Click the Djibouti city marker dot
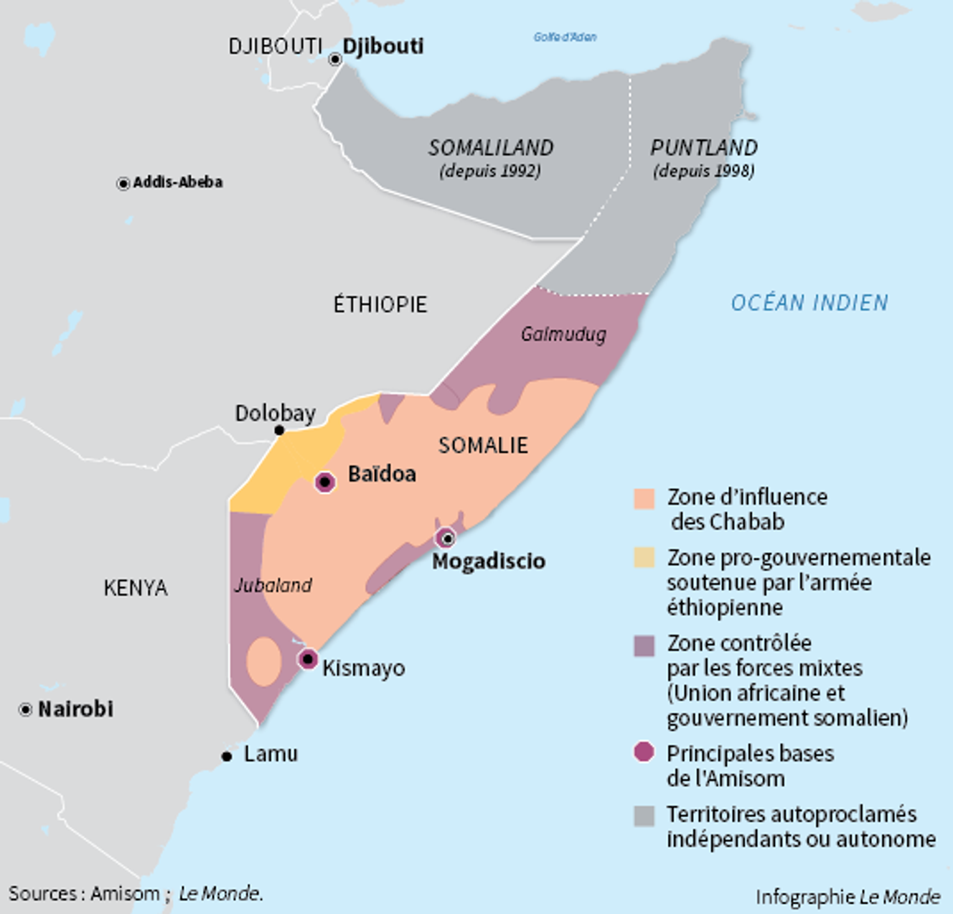click(x=335, y=60)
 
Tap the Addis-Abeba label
click(x=177, y=182)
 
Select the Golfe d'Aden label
click(x=565, y=37)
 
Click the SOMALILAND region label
click(x=491, y=148)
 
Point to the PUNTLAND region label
click(x=703, y=148)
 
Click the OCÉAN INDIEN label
click(x=809, y=303)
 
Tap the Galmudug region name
click(x=563, y=335)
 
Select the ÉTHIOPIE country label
click(x=380, y=304)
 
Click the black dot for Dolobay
click(x=279, y=431)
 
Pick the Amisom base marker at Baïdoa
click(x=325, y=482)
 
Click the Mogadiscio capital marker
click(x=446, y=538)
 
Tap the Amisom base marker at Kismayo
click(x=308, y=658)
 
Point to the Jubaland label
click(x=273, y=585)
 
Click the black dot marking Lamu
click(x=227, y=756)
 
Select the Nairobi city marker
click(x=26, y=709)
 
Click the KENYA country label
click(x=136, y=588)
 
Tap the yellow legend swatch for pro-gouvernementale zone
click(x=644, y=558)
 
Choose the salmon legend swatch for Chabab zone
click(x=644, y=498)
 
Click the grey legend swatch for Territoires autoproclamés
click(x=644, y=816)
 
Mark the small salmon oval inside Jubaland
click(x=263, y=661)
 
